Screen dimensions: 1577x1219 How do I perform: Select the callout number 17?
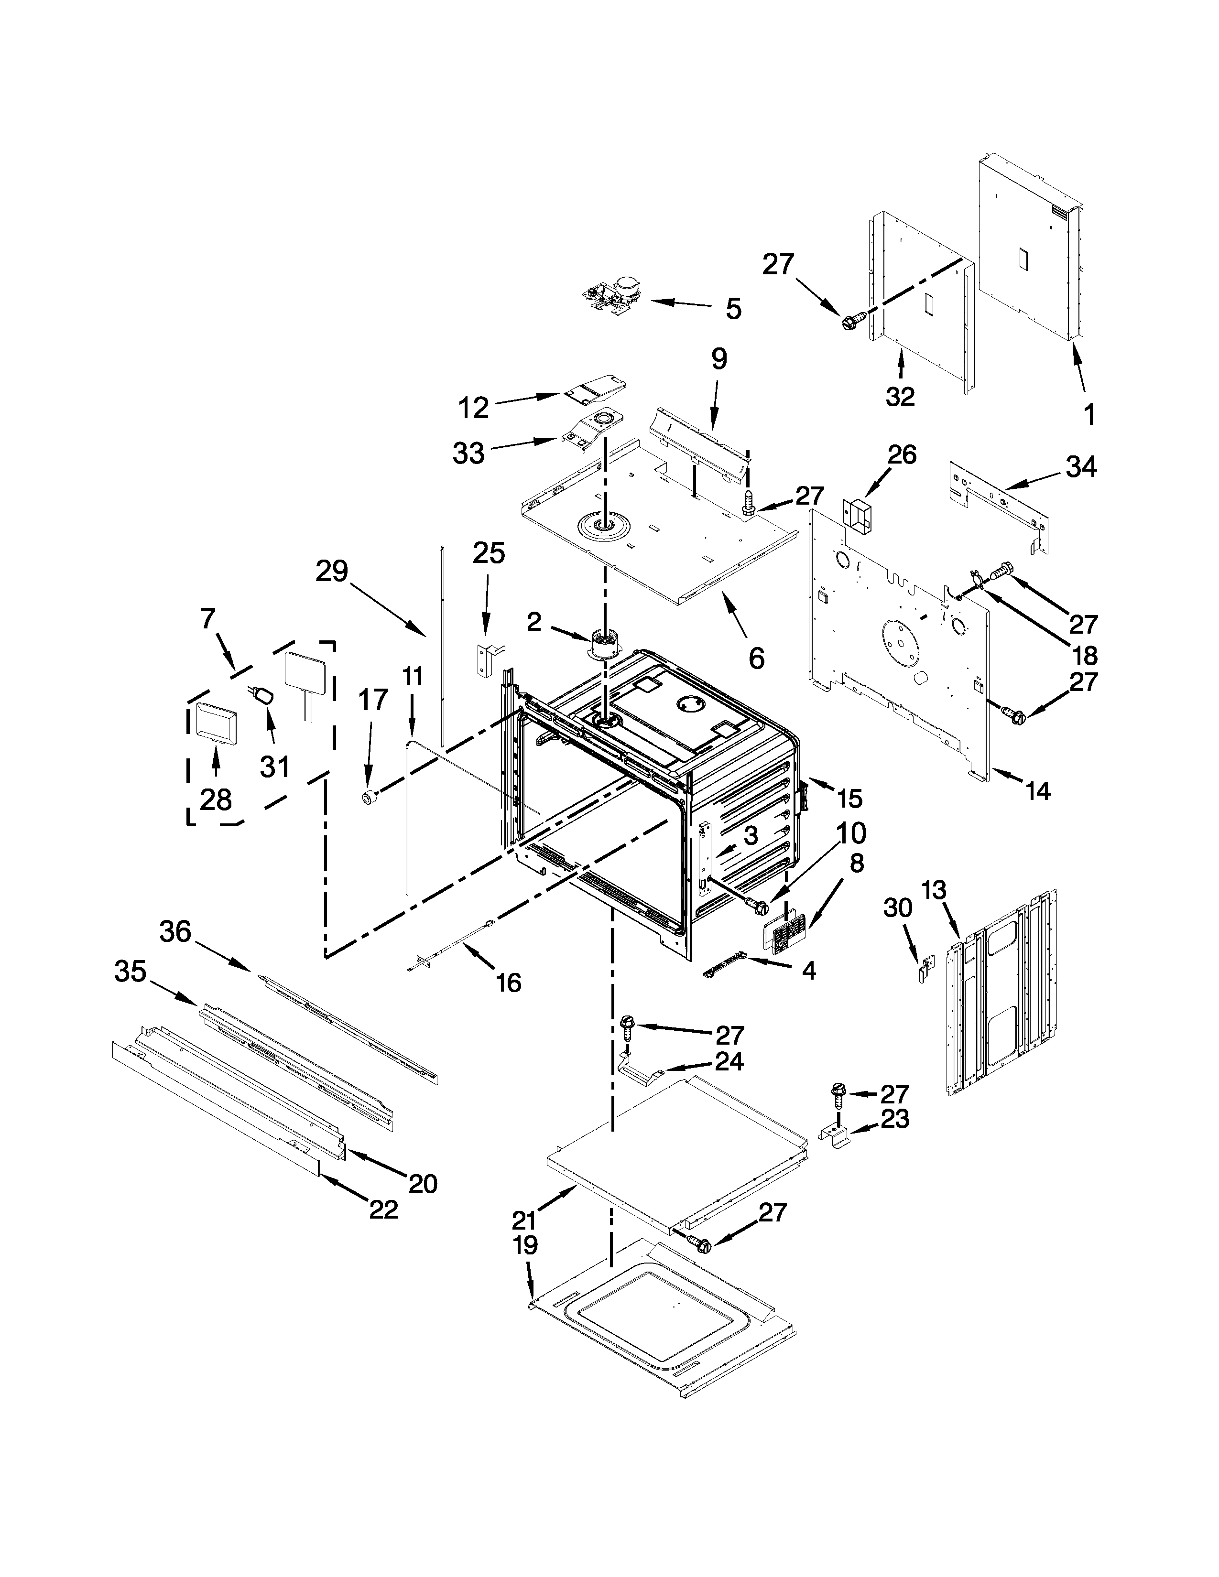375,700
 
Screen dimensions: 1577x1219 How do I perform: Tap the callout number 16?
509,982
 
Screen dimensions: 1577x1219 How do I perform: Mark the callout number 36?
175,931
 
